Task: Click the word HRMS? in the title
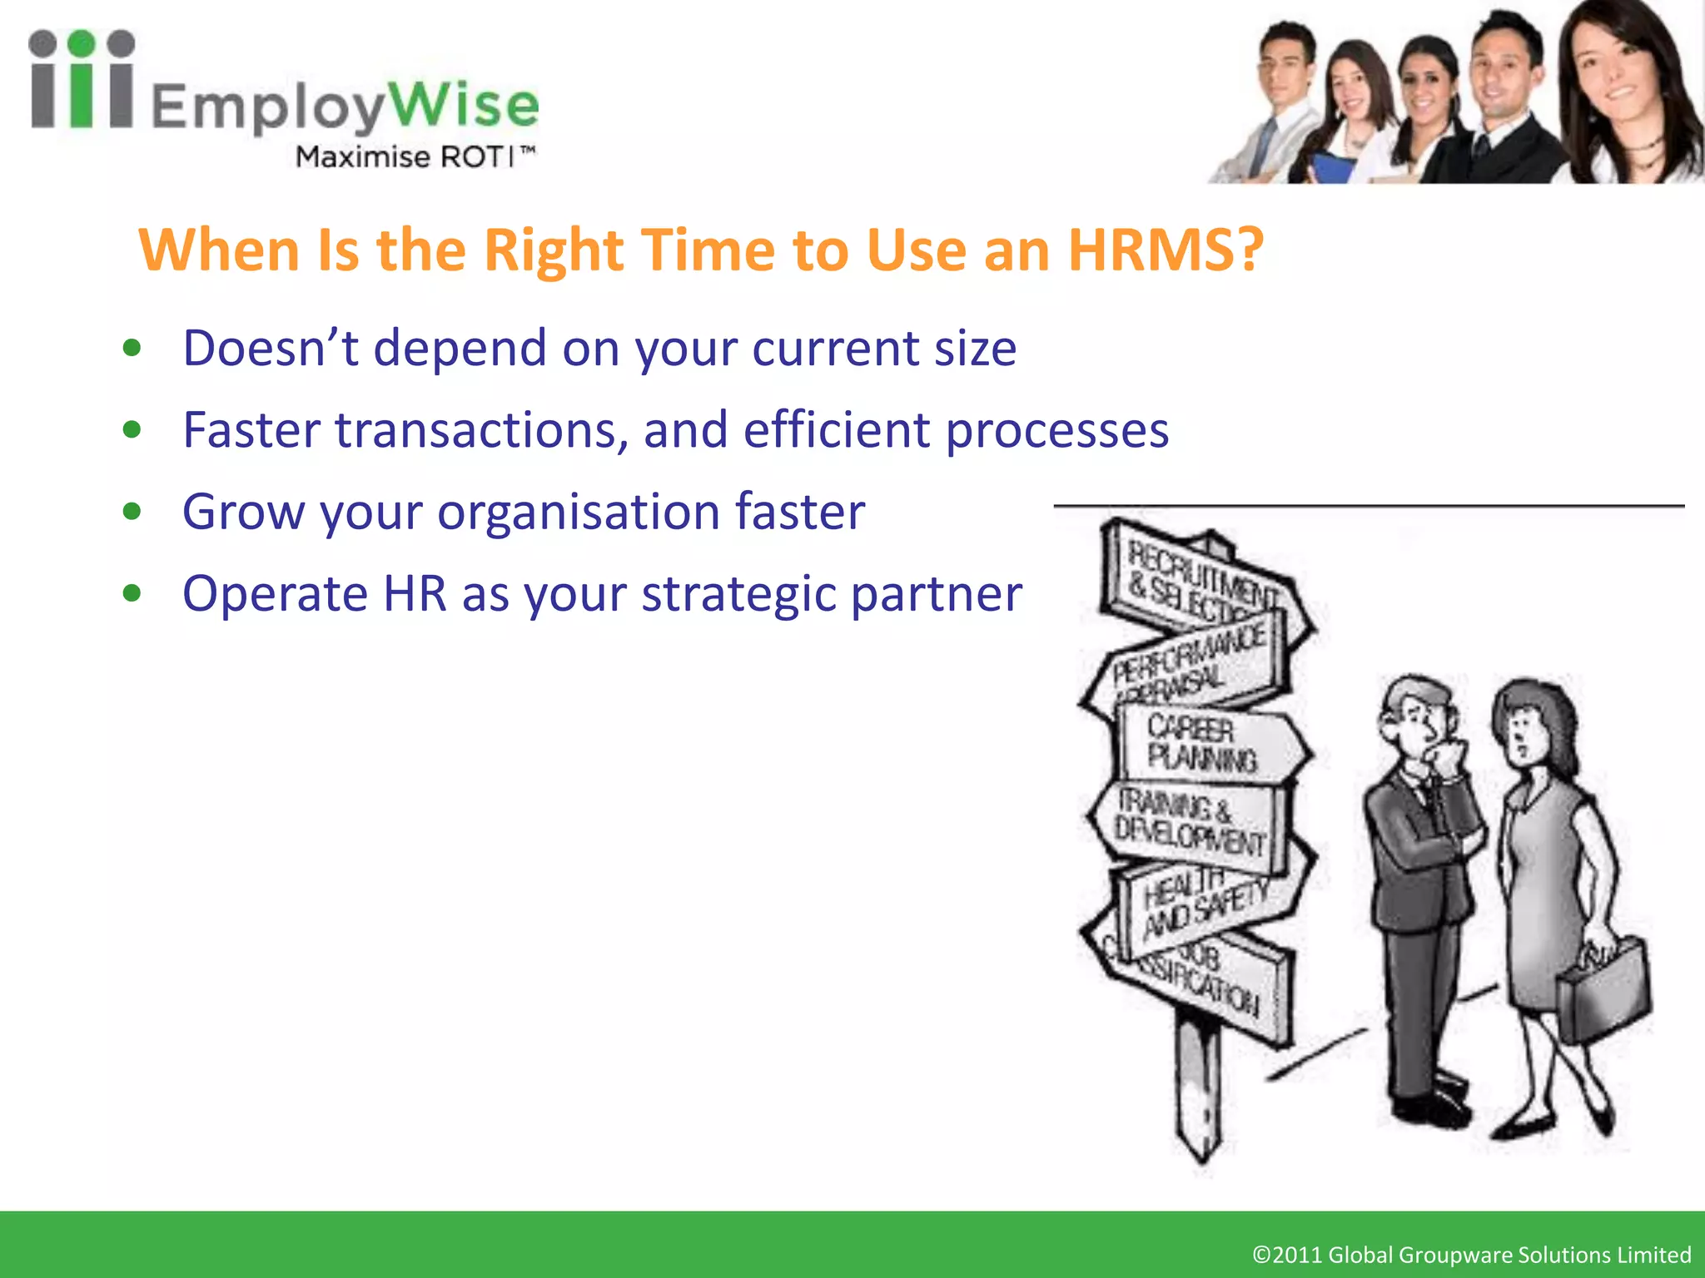[1166, 250]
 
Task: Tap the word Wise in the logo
[464, 106]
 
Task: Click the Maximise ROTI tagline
[415, 156]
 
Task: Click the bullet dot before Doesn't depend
[132, 348]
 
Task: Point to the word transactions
[480, 430]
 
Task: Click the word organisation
[579, 512]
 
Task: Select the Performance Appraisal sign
[1191, 661]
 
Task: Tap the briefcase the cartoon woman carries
[1603, 990]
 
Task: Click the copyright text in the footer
[1471, 1254]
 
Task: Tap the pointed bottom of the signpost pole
[1200, 1152]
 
